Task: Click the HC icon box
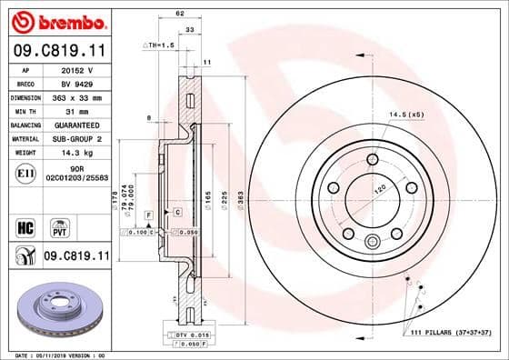pyautogui.click(x=25, y=225)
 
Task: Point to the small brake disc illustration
pyautogui.click(x=56, y=308)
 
